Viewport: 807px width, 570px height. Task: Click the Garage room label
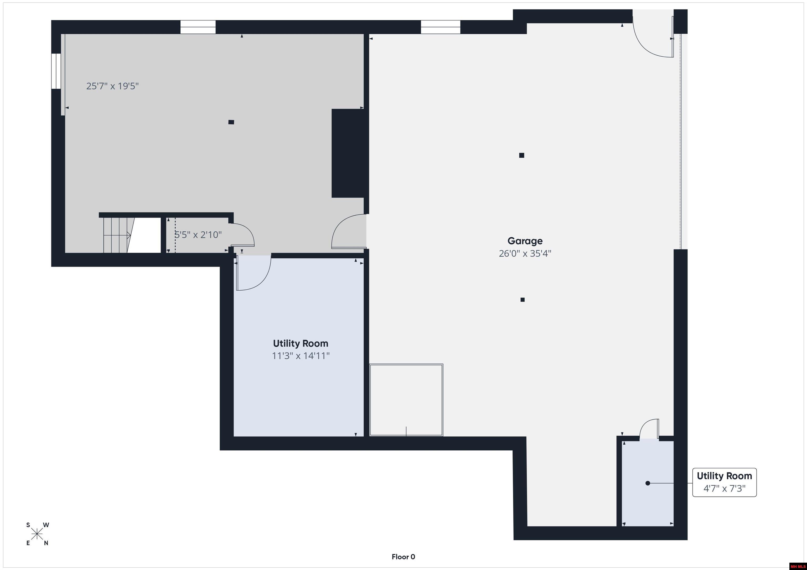pos(525,241)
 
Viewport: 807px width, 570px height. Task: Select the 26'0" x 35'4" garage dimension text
pos(525,253)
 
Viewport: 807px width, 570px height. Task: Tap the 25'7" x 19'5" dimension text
pos(112,86)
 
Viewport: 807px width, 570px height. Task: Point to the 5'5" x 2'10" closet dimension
pos(198,235)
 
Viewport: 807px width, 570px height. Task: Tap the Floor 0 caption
pos(403,557)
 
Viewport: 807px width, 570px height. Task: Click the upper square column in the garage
pos(522,155)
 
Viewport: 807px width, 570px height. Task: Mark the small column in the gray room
pos(231,122)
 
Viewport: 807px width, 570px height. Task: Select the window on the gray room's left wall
pos(56,71)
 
